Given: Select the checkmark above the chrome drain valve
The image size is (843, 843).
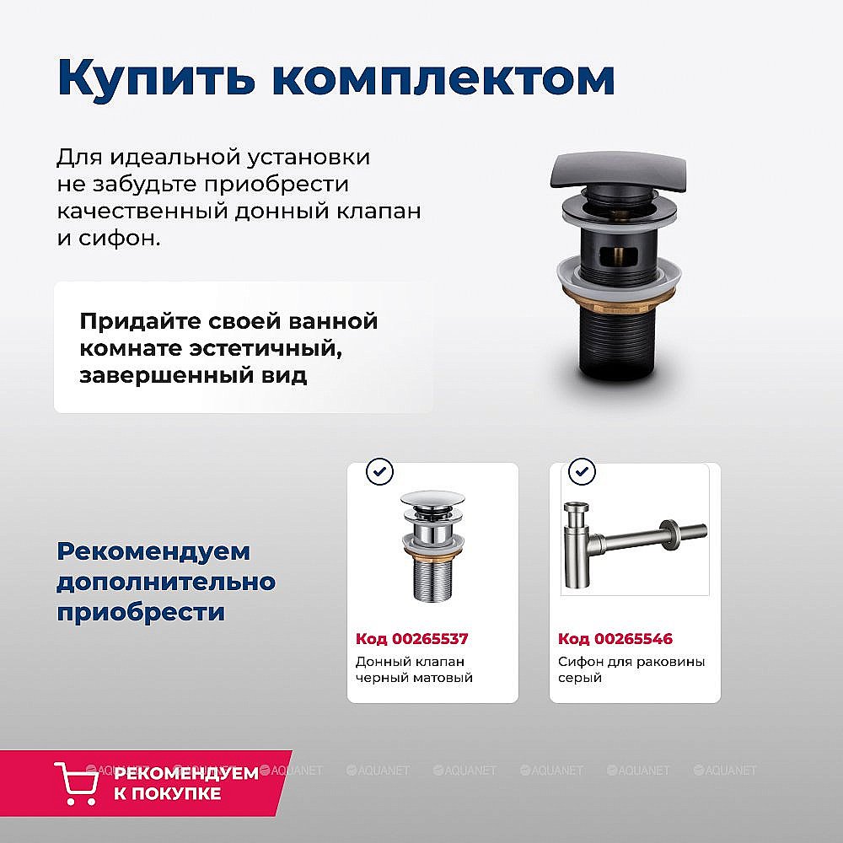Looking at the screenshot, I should point(379,471).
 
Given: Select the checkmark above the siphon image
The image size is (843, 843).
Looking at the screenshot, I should point(582,471).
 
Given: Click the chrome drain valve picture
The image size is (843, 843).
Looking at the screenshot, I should point(432,544).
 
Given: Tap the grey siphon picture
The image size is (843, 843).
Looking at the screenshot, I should point(632,540).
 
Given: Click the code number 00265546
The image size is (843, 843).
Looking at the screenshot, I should point(633,639).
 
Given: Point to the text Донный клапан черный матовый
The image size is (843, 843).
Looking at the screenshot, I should point(414,669).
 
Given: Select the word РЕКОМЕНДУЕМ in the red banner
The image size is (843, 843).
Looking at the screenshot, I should point(185,773).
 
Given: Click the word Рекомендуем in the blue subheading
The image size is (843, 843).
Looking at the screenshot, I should point(153,551).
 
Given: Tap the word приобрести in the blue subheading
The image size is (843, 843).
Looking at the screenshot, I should point(141,611).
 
